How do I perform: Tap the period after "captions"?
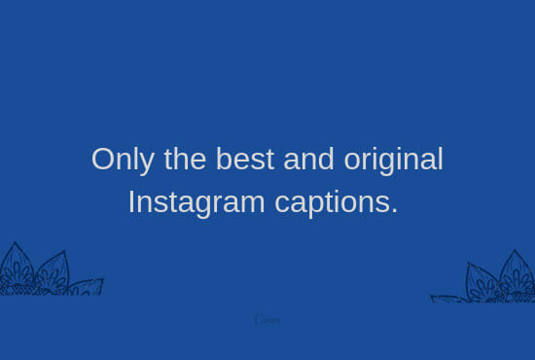(394, 212)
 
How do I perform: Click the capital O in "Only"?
(102, 160)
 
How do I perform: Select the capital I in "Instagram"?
(131, 202)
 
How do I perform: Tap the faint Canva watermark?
(267, 319)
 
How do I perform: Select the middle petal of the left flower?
(51, 272)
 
